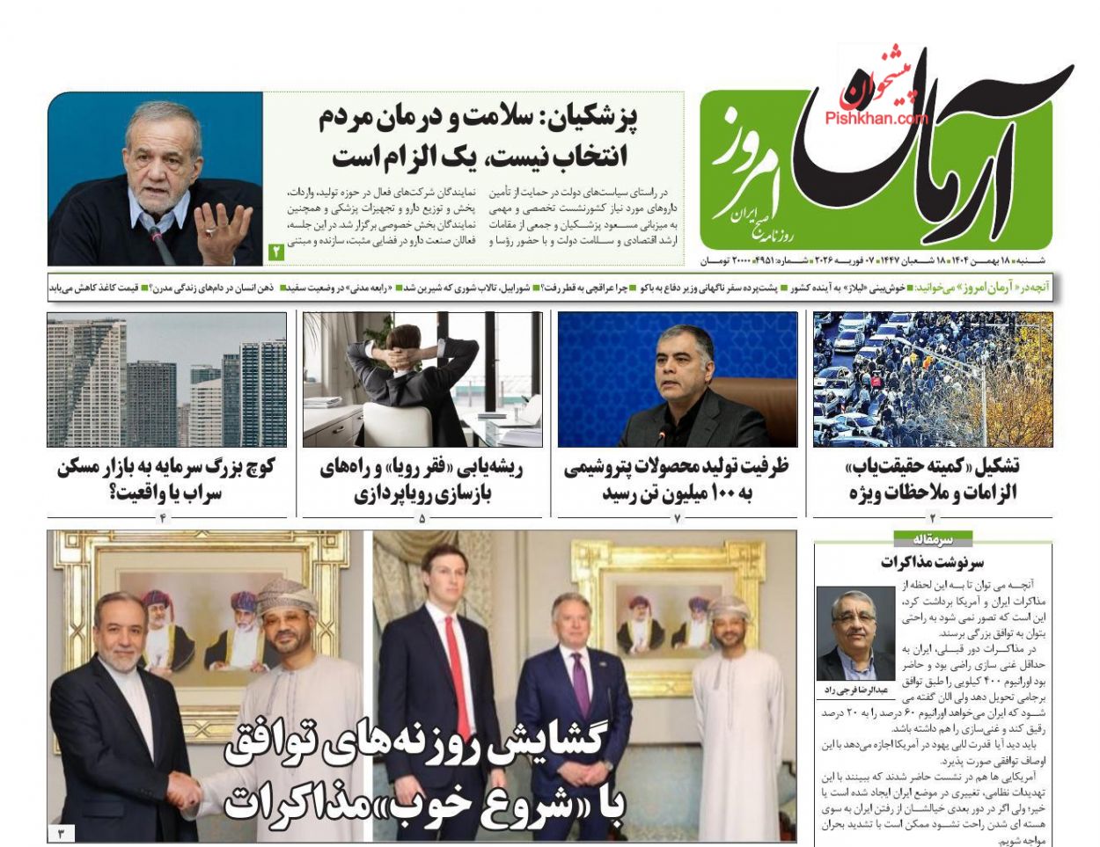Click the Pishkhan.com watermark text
(x=876, y=118)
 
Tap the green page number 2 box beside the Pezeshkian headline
(x=276, y=252)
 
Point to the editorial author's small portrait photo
(x=855, y=633)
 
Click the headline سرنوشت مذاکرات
(x=933, y=562)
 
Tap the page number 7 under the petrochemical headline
(x=678, y=518)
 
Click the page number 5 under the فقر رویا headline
(x=422, y=518)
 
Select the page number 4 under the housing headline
(x=163, y=518)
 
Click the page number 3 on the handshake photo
(x=61, y=832)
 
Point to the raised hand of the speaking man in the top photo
(x=214, y=231)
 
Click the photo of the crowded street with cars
(x=933, y=379)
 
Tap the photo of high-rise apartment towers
(x=166, y=379)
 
